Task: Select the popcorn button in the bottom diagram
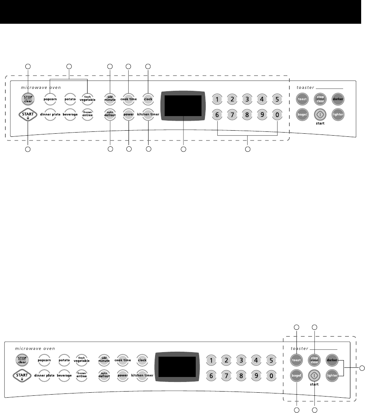(45, 361)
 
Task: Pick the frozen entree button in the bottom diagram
(81, 375)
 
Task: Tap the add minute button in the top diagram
(110, 99)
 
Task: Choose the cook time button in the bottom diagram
(122, 361)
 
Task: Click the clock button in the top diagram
(148, 99)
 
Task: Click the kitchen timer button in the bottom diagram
(142, 375)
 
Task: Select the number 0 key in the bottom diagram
(271, 375)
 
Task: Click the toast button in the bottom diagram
(296, 360)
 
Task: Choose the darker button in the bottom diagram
(332, 360)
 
